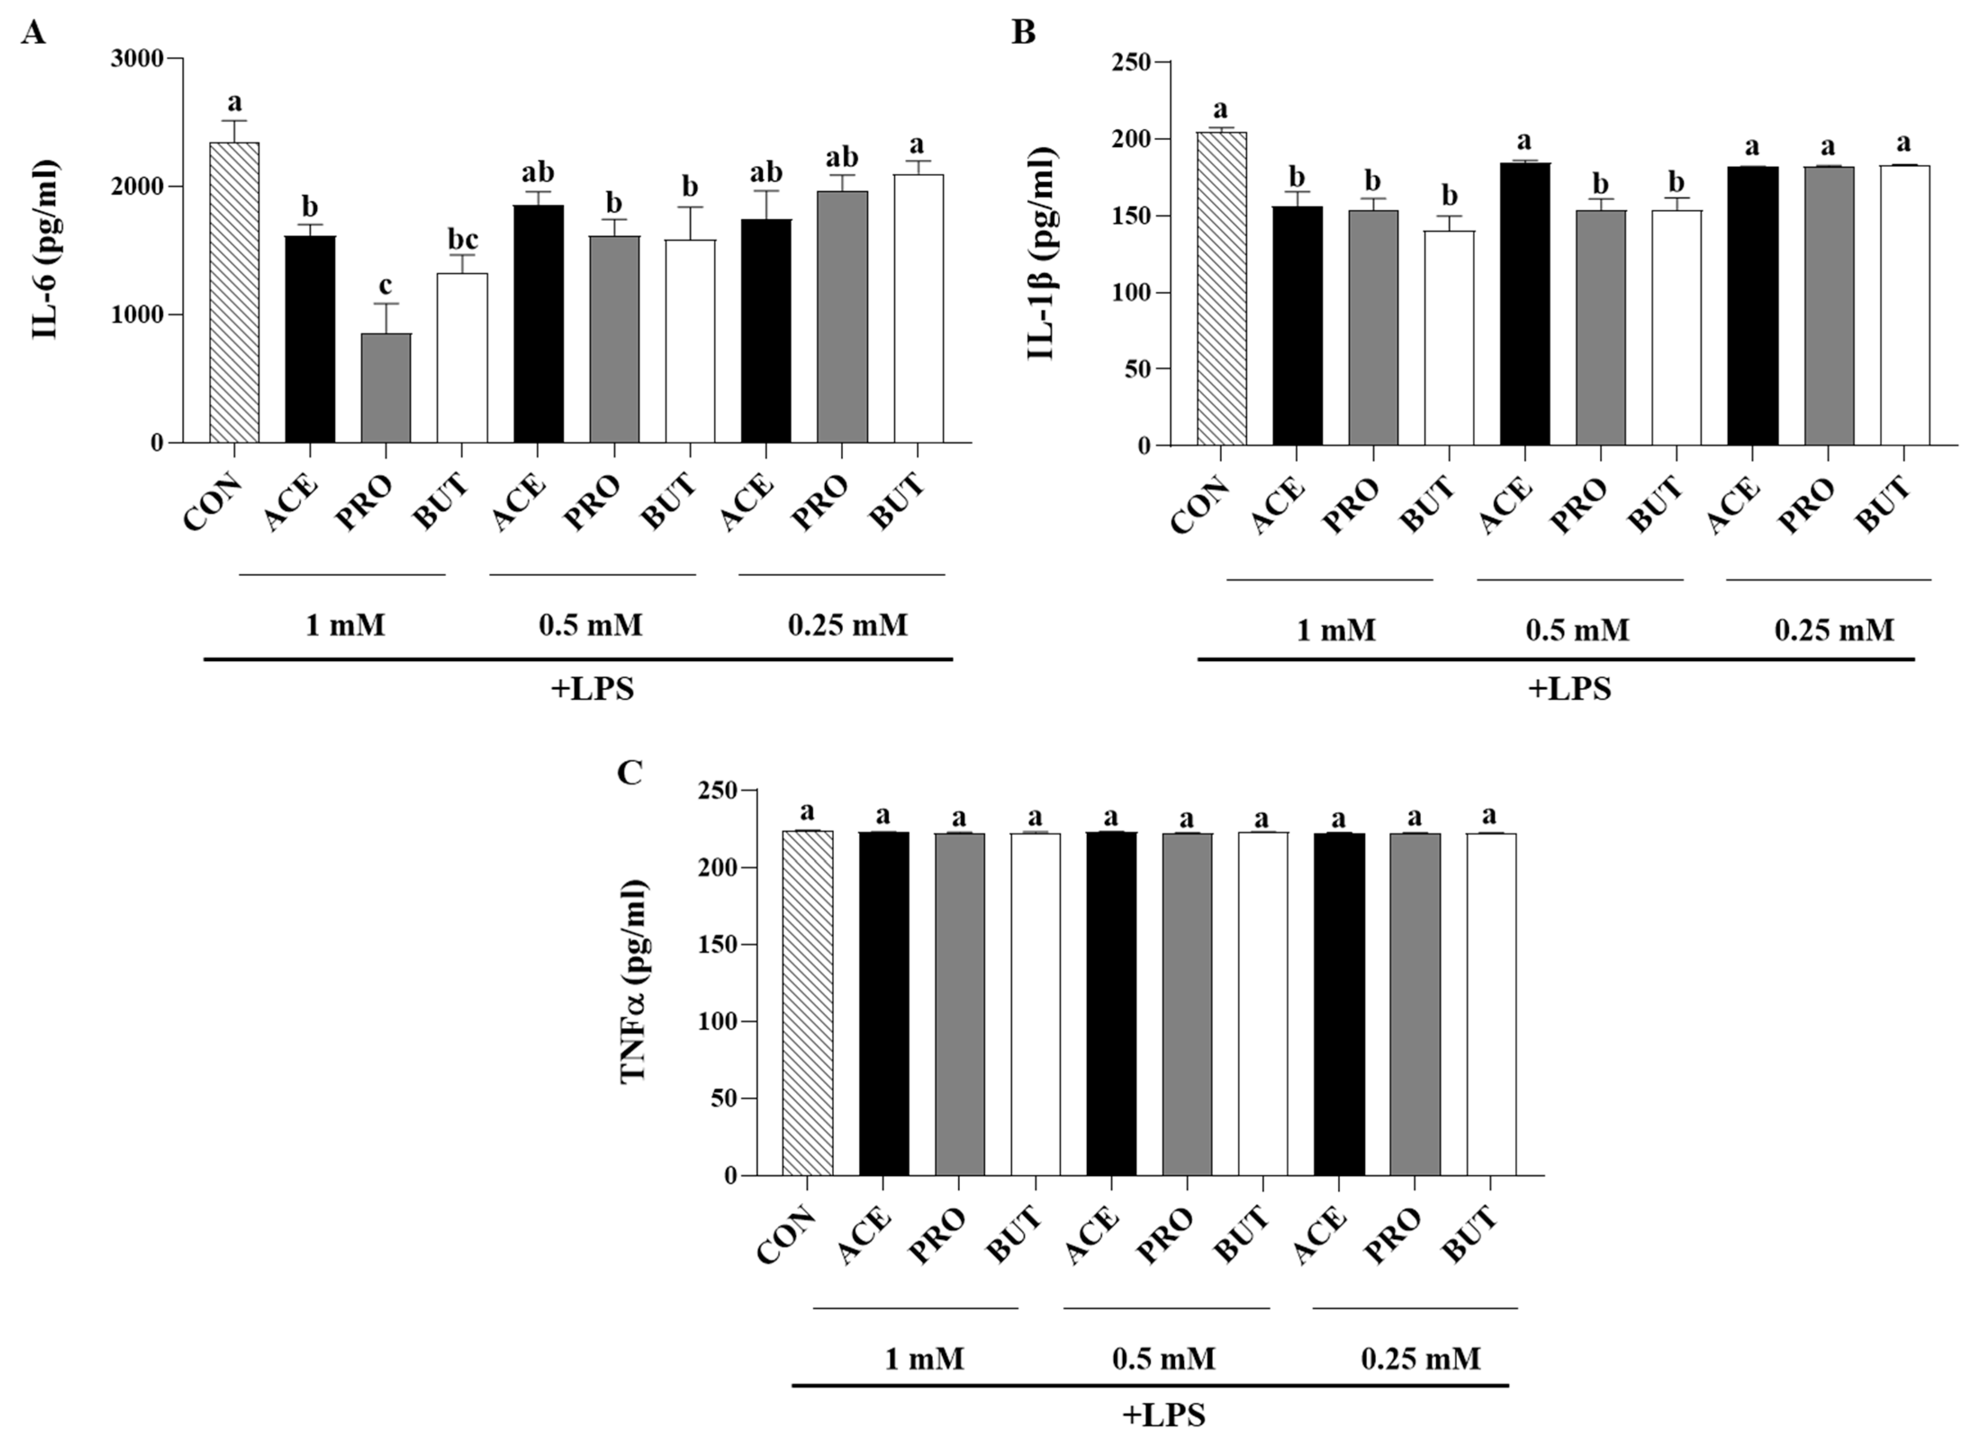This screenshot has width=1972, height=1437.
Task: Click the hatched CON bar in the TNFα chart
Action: point(808,1003)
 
